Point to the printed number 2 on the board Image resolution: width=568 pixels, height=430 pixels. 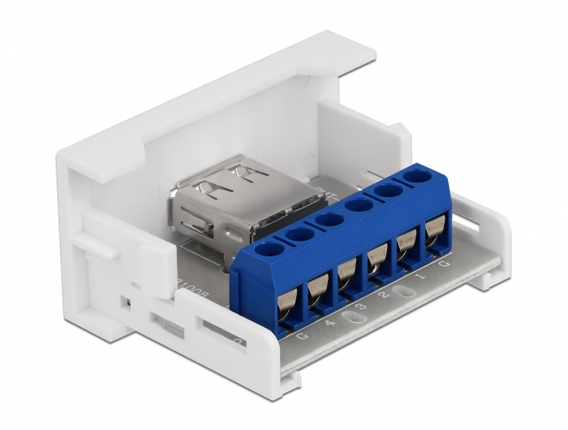click(x=388, y=295)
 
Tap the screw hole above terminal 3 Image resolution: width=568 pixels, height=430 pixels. click(x=329, y=219)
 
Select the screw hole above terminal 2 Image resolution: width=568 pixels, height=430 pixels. click(x=358, y=204)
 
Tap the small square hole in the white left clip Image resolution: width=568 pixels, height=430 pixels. click(x=124, y=302)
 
